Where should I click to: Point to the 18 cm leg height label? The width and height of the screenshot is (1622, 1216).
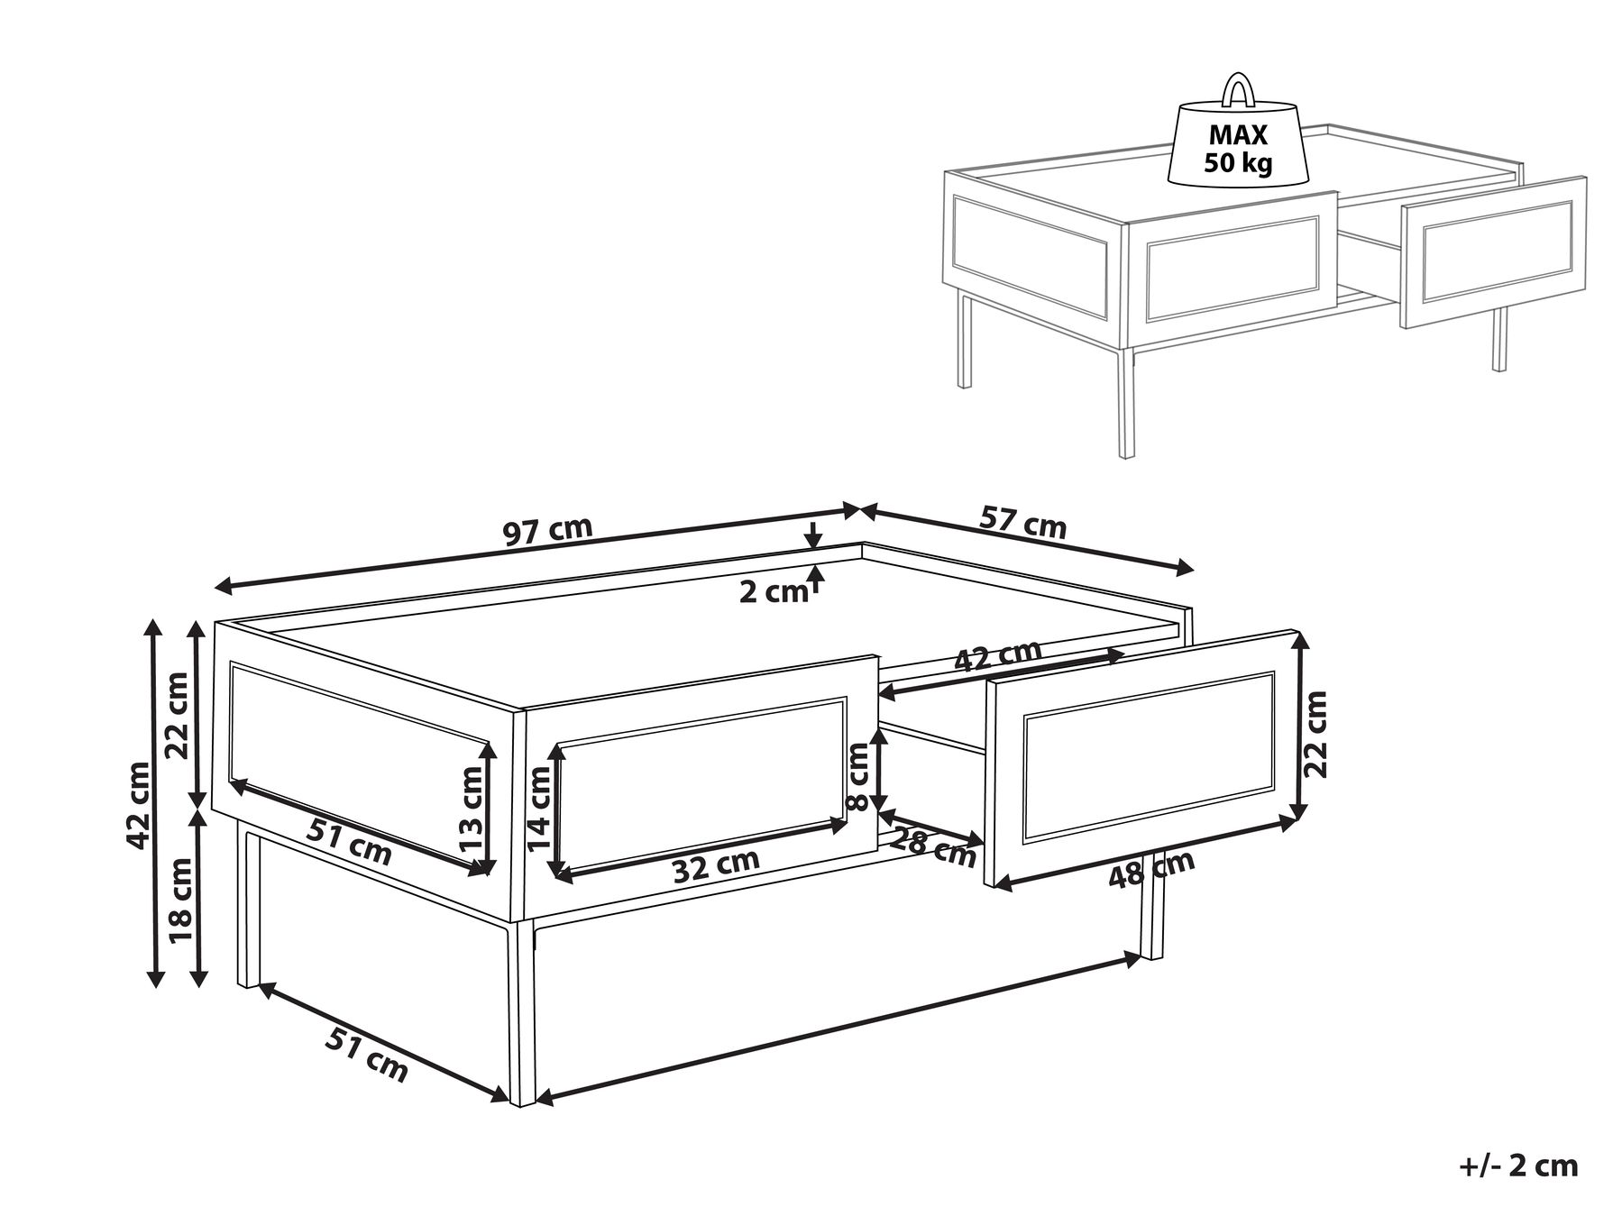182,899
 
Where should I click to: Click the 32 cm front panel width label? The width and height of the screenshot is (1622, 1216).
716,865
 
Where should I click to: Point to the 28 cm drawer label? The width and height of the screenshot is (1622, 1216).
933,847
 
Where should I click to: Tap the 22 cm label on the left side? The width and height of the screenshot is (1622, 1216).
178,716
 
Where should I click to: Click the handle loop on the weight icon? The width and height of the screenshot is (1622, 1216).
1239,91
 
